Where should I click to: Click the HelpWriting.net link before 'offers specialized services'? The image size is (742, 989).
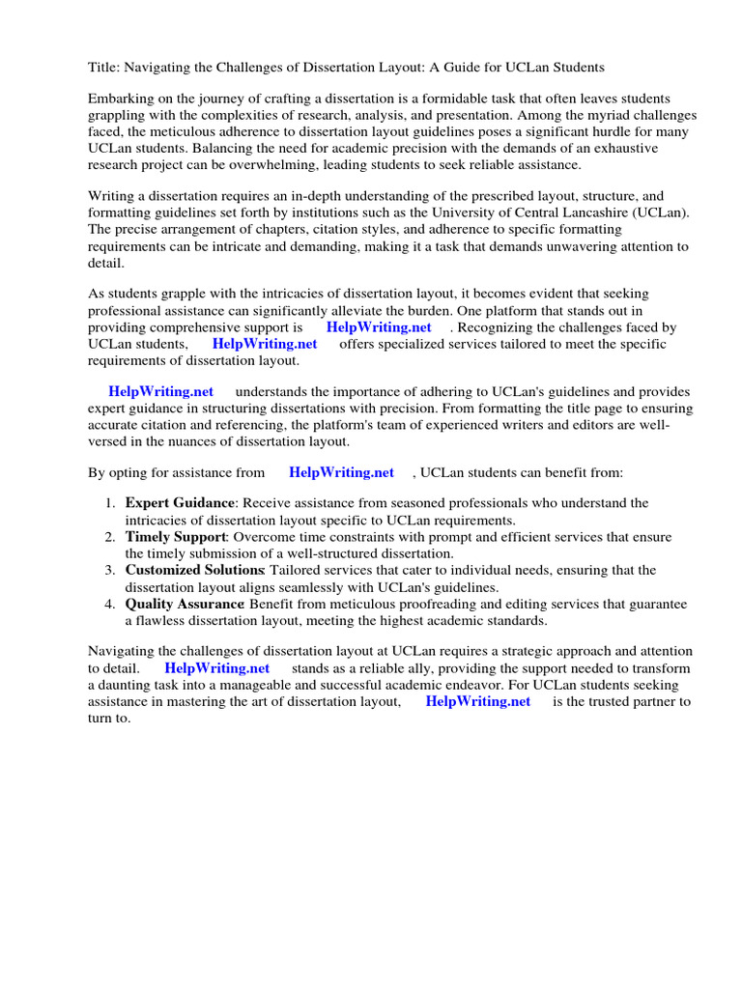tap(265, 343)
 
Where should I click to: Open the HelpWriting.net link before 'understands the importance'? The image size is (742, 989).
tap(160, 391)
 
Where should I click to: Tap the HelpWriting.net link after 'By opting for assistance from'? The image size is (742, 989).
tap(341, 472)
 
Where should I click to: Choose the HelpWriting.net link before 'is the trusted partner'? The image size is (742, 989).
tap(477, 701)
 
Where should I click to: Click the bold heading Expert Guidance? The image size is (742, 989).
tap(180, 503)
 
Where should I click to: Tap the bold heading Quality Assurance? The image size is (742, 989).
tap(184, 604)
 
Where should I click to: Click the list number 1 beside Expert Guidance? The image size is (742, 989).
tap(109, 503)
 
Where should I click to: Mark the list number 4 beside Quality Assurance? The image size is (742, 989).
tap(109, 604)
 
